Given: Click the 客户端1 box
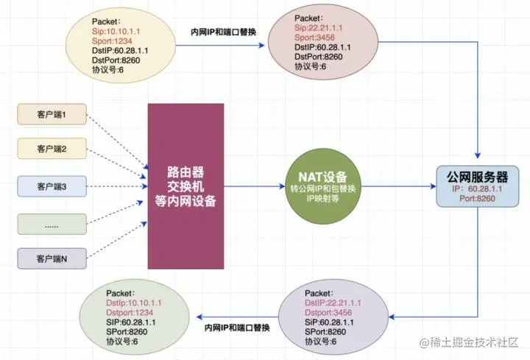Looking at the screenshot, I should tap(52, 115).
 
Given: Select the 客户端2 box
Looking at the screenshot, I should tap(52, 149).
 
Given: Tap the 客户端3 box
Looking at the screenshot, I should tap(52, 186).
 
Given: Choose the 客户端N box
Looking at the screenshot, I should tap(52, 258).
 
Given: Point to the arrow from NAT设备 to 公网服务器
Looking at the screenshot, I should tap(397, 187).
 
